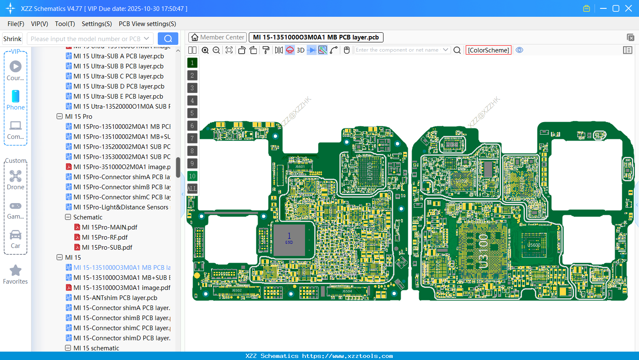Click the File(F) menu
16,24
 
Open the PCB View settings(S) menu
147,24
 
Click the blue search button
168,39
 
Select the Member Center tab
218,37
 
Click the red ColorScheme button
488,50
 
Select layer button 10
192,176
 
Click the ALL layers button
192,188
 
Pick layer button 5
192,113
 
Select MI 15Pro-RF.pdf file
105,237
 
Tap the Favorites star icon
16,271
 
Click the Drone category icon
16,177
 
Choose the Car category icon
16,235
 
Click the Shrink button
12,39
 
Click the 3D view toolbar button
300,50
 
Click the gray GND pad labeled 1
289,240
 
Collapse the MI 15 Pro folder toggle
60,116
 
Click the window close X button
629,8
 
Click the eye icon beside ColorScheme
519,50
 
